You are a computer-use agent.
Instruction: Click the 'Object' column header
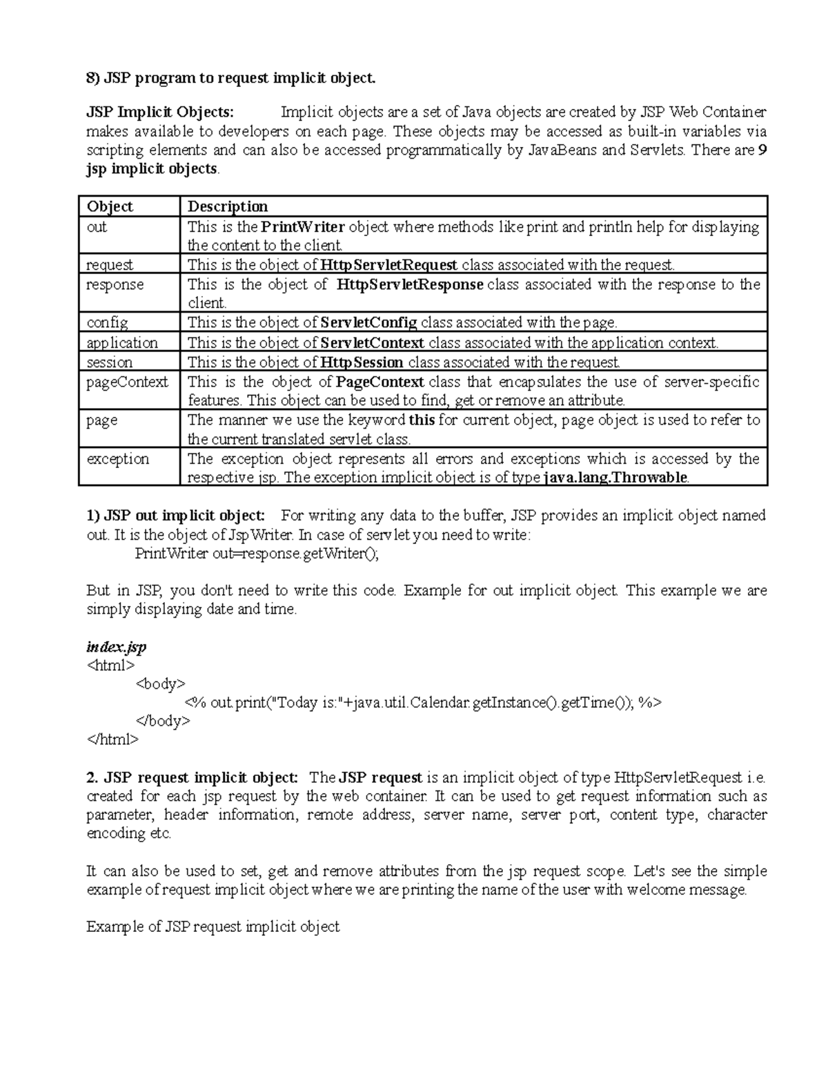point(110,206)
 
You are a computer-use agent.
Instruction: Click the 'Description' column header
point(228,206)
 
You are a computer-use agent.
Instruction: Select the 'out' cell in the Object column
point(97,227)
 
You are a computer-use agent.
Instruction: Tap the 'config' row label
point(107,322)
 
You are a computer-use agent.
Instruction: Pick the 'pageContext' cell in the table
point(127,382)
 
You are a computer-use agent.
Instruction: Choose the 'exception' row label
point(117,459)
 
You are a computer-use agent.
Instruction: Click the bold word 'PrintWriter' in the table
point(304,227)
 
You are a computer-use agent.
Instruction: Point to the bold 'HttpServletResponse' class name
point(410,284)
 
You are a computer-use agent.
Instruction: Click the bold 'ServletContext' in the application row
point(373,342)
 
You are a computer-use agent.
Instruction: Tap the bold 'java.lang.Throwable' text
point(616,478)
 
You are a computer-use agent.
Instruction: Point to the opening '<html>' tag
point(110,665)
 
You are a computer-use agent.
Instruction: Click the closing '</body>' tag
point(163,721)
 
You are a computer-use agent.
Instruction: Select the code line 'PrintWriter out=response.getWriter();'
point(257,553)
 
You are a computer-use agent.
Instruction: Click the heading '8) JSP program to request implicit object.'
point(231,78)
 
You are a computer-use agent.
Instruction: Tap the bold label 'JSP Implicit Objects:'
point(160,113)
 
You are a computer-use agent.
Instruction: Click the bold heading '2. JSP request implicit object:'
point(193,777)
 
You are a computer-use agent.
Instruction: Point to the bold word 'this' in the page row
point(422,420)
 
